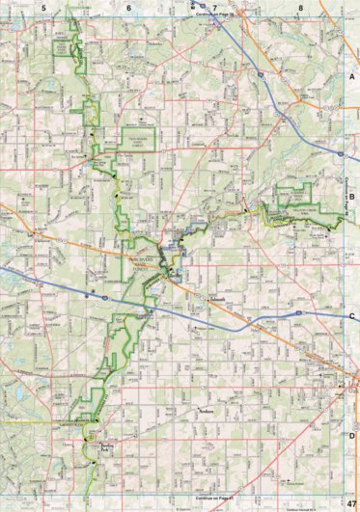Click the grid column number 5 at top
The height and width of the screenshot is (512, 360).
pyautogui.click(x=43, y=8)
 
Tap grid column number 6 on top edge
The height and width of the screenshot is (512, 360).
pyautogui.click(x=128, y=8)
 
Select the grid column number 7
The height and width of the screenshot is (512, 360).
pyautogui.click(x=215, y=8)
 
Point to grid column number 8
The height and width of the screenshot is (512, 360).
pyautogui.click(x=301, y=8)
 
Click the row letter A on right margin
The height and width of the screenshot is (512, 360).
pyautogui.click(x=352, y=75)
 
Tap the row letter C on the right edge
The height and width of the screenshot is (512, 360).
pyautogui.click(x=352, y=316)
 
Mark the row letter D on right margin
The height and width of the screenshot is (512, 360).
pyautogui.click(x=352, y=436)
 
